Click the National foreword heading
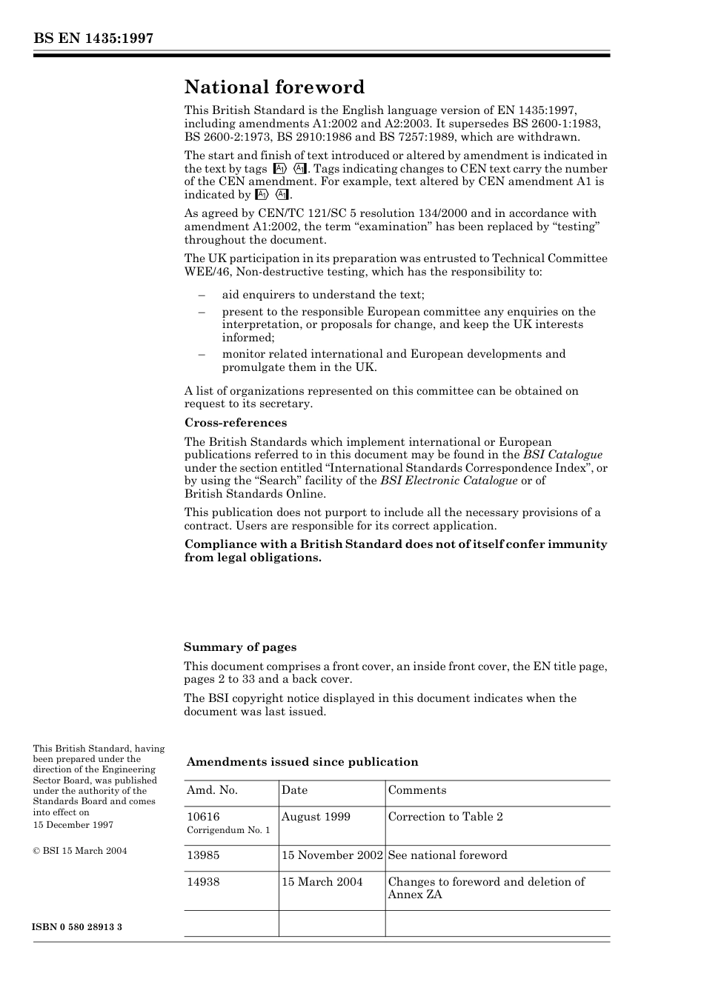pyautogui.click(x=274, y=87)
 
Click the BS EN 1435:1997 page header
pyautogui.click(x=93, y=39)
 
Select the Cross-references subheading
pyautogui.click(x=235, y=423)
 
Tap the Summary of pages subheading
pyautogui.click(x=240, y=647)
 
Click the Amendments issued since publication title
pyautogui.click(x=302, y=762)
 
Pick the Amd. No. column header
pyautogui.click(x=212, y=790)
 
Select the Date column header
pyautogui.click(x=294, y=790)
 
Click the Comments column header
pyautogui.click(x=417, y=790)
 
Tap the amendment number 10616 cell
pyautogui.click(x=203, y=817)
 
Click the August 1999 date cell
pyautogui.click(x=316, y=817)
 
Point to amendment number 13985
pyautogui.click(x=203, y=855)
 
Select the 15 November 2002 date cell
pyautogui.click(x=332, y=855)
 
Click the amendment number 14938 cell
pyautogui.click(x=203, y=882)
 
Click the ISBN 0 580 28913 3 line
pyautogui.click(x=78, y=927)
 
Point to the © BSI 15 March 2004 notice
pyautogui.click(x=80, y=851)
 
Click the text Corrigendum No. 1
pyautogui.click(x=228, y=830)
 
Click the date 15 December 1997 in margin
pyautogui.click(x=73, y=825)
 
